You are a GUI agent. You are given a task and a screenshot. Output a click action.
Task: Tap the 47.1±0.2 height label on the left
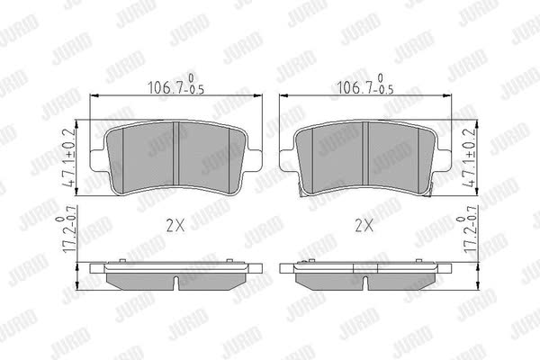pos(69,158)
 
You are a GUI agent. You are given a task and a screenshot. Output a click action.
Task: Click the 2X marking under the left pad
pos(175,226)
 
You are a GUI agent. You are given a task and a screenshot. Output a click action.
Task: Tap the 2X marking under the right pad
pos(364,226)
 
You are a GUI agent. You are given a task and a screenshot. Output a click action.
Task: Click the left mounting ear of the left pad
pos(99,160)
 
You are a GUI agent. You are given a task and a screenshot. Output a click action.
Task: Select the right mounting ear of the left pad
pos(253,160)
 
